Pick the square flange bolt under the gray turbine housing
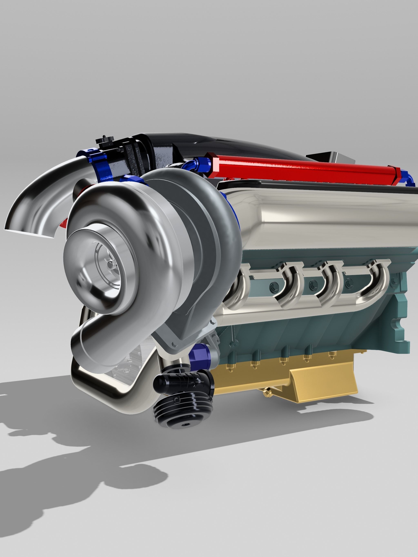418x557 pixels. tap(174, 344)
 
